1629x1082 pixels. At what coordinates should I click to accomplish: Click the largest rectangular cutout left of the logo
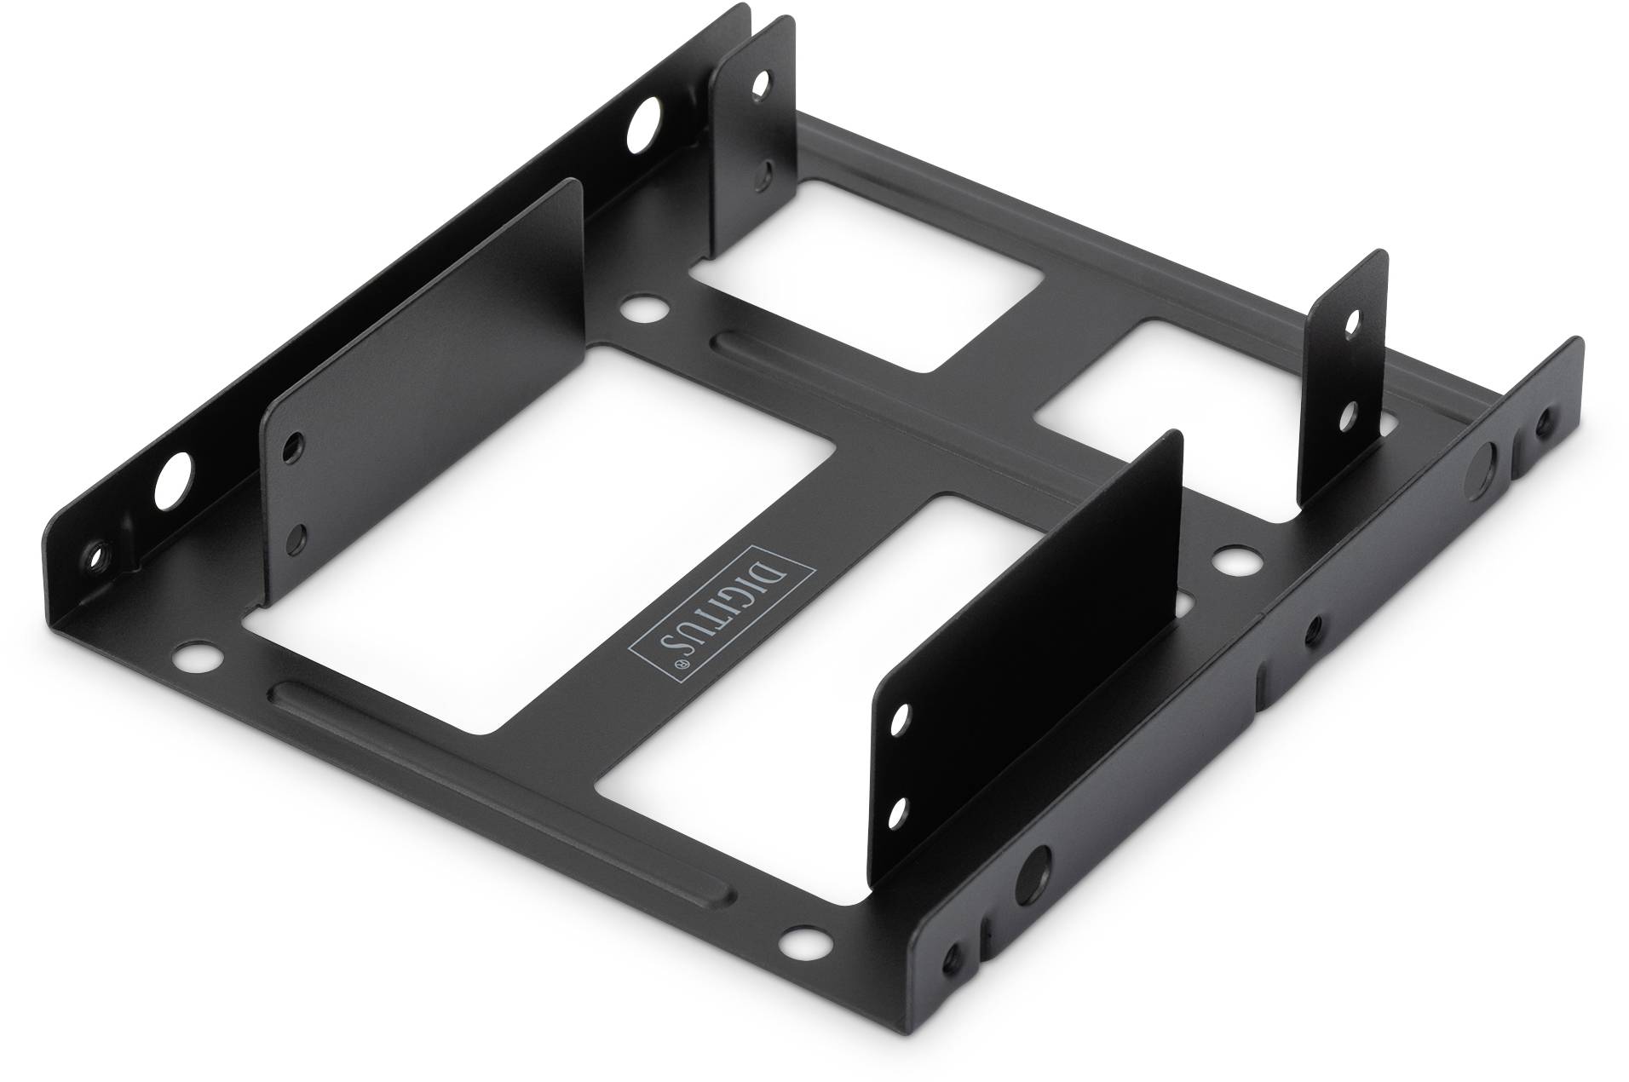coord(537,541)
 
